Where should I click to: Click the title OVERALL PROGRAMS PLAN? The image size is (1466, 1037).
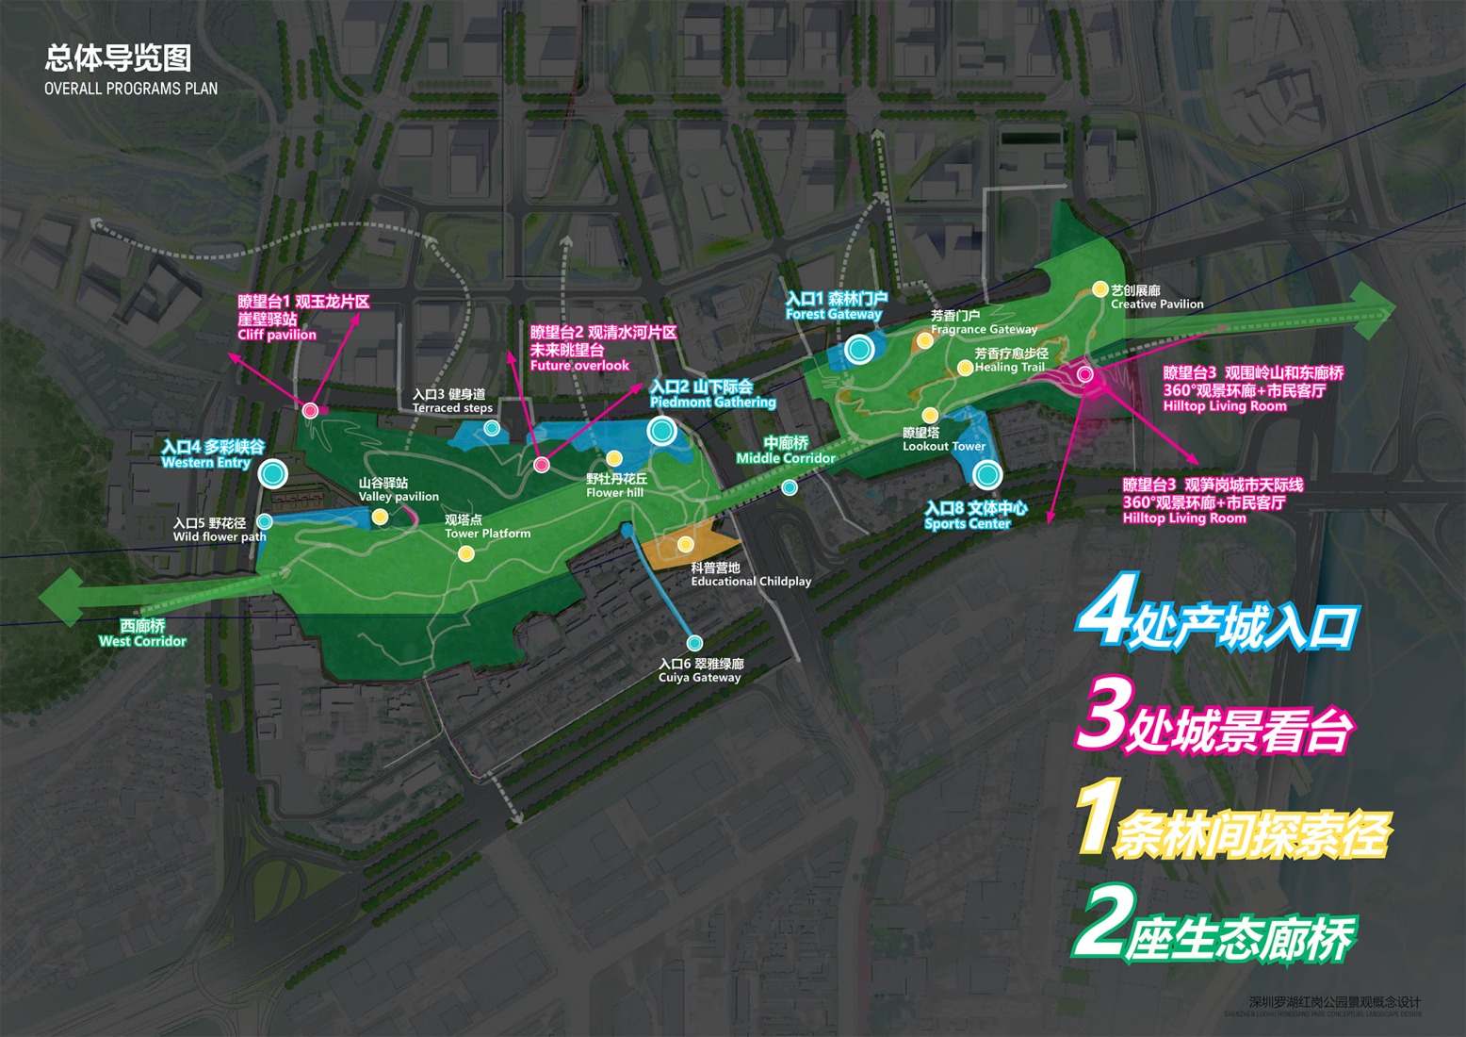131,89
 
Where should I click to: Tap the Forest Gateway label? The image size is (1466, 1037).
834,314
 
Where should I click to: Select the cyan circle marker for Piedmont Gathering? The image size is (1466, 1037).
661,431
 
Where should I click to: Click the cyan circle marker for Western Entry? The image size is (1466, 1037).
273,473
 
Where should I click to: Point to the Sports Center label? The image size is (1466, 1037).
968,523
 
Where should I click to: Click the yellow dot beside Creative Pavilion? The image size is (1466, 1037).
1099,289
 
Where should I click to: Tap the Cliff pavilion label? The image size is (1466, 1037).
277,335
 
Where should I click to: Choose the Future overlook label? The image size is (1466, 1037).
579,366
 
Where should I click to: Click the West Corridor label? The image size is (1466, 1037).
142,641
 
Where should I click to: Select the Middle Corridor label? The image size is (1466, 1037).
786,458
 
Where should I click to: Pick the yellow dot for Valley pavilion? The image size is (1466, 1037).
380,517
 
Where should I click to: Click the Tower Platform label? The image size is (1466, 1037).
487,534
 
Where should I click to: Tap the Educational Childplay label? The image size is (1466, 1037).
751,582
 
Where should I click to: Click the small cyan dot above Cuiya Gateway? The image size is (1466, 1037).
694,643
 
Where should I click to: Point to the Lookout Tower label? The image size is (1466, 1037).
944,446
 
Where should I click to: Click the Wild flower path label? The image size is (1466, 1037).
220,537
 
